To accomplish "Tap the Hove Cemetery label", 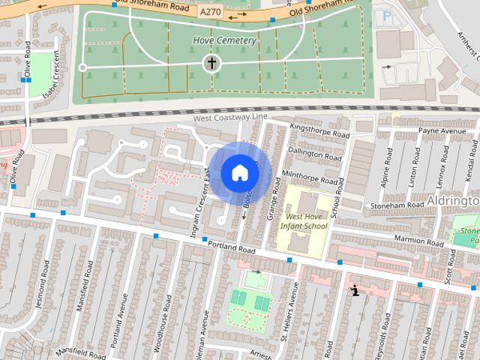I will coord(224,40).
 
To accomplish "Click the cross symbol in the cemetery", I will coord(211,63).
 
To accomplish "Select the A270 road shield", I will coord(211,13).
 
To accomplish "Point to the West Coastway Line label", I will coord(229,118).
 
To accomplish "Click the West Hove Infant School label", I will coord(304,221).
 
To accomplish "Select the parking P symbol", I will coord(386,16).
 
